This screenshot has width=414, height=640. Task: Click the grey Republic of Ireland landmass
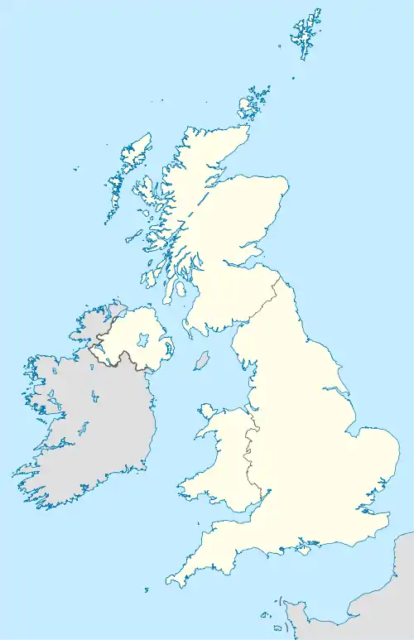(91, 431)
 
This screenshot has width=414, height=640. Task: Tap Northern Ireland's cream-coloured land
(137, 331)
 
